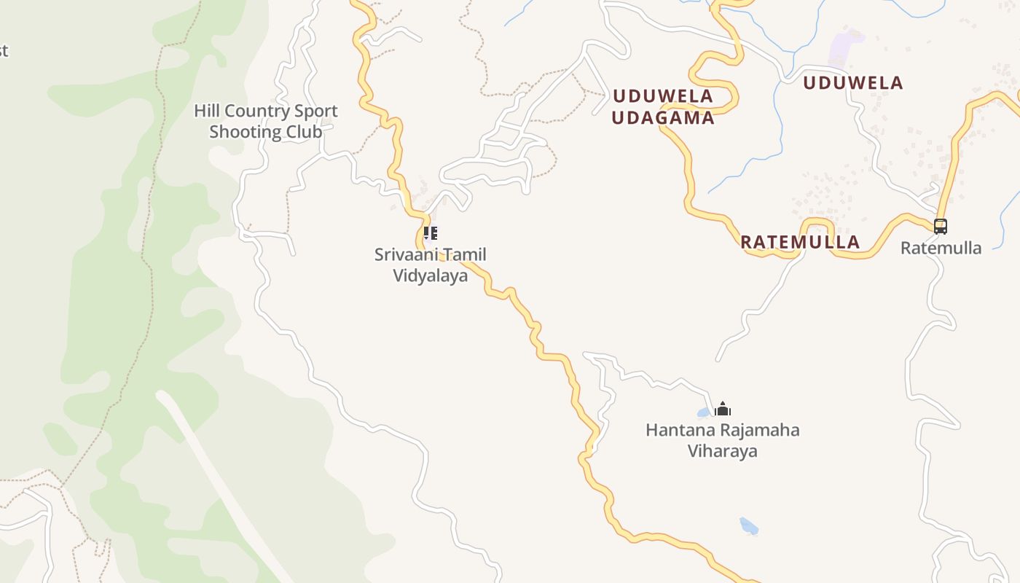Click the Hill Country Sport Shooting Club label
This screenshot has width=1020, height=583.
(x=266, y=121)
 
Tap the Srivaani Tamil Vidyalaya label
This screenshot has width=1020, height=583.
(x=430, y=265)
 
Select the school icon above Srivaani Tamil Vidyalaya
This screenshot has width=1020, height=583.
(x=431, y=233)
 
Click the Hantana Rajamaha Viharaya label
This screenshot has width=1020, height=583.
(x=722, y=440)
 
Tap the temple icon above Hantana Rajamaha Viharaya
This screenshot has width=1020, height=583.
(x=723, y=409)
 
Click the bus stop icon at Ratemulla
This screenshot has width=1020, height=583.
(x=941, y=227)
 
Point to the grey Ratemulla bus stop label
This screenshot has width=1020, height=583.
(x=941, y=248)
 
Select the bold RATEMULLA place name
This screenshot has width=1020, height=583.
(x=800, y=242)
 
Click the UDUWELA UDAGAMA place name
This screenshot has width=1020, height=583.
(x=662, y=106)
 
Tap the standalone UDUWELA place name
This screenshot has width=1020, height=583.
(x=852, y=83)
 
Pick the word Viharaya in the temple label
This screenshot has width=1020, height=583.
(x=722, y=451)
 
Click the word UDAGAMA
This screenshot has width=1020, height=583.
(x=662, y=118)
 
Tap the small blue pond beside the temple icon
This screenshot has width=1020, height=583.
(x=704, y=412)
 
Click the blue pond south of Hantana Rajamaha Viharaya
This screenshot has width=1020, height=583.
(x=748, y=525)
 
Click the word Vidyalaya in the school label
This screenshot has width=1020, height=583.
(x=430, y=275)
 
